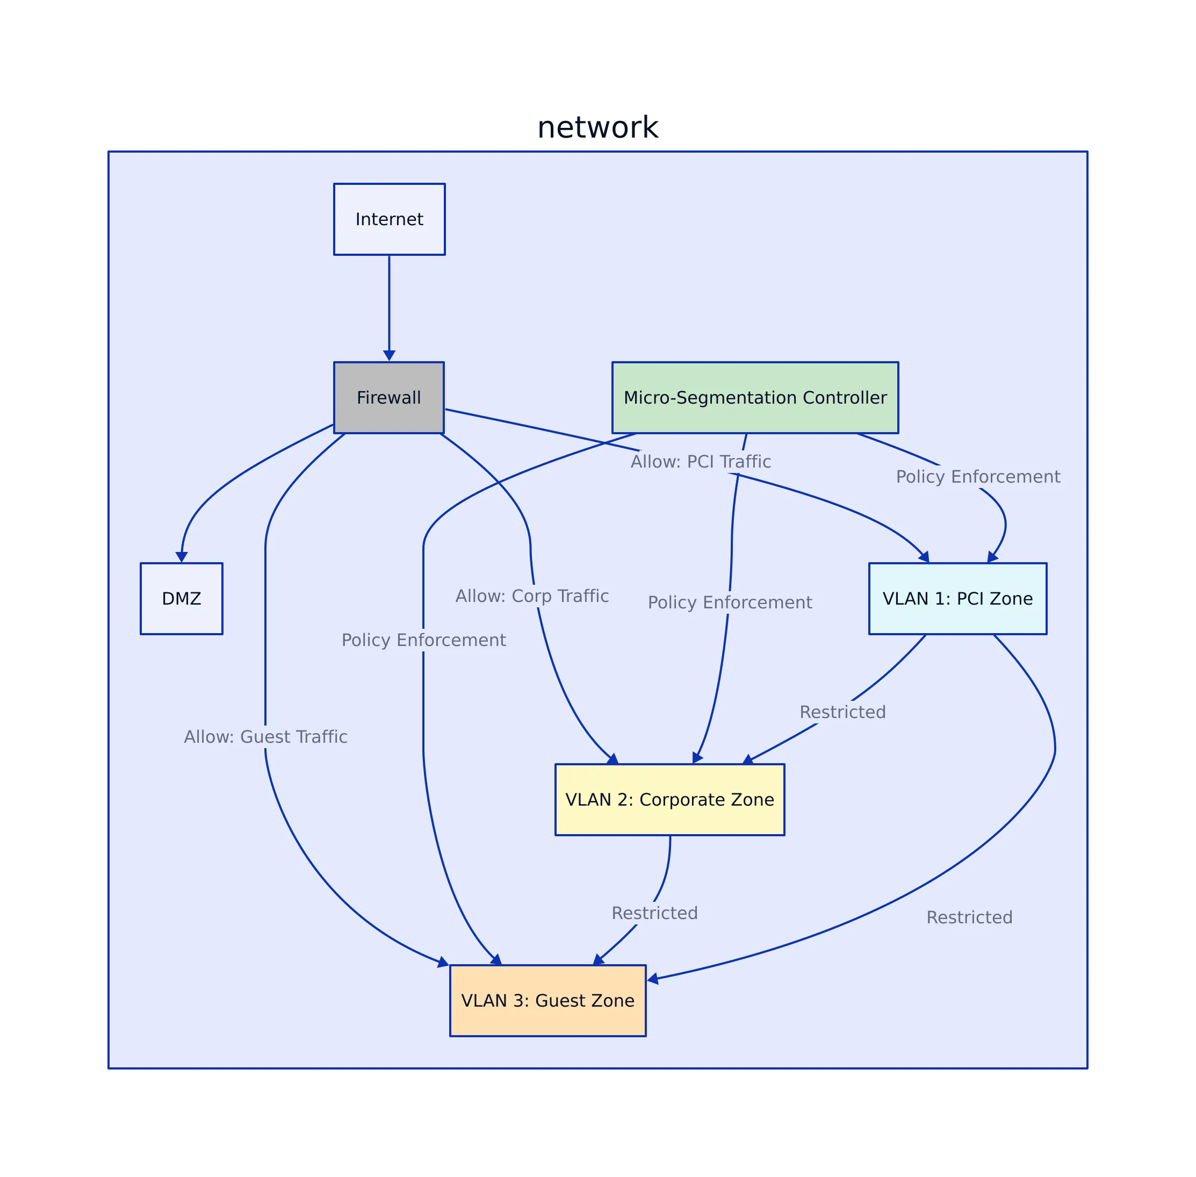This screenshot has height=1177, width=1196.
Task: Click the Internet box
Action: [389, 219]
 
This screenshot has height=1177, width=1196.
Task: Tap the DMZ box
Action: [181, 598]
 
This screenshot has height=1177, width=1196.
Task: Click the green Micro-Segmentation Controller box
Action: [755, 398]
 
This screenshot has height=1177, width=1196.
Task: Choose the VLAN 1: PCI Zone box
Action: [957, 598]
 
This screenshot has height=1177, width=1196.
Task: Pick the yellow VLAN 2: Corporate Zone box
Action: [669, 799]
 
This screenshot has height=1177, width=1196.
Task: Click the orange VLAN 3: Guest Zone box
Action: [547, 1000]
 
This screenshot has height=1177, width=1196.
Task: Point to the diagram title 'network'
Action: [597, 127]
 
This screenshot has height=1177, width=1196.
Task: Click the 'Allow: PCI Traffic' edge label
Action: [700, 462]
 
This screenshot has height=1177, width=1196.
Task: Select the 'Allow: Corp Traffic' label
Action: [531, 596]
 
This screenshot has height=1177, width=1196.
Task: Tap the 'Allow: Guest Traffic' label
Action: [265, 737]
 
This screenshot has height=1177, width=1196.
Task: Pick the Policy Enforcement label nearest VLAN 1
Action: [978, 477]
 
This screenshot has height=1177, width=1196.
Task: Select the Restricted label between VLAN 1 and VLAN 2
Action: [842, 712]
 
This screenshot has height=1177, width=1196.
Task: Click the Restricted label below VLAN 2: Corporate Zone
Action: [654, 913]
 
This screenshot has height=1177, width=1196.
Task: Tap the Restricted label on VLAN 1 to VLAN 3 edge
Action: [969, 917]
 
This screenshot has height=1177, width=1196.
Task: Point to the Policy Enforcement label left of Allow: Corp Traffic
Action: [423, 640]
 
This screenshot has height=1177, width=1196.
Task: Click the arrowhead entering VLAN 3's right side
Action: [653, 979]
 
